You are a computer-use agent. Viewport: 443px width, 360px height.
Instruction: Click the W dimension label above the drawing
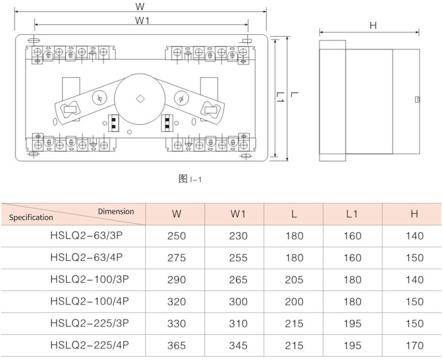pyautogui.click(x=140, y=6)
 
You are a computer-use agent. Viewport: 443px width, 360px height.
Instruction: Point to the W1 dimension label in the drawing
pyautogui.click(x=142, y=20)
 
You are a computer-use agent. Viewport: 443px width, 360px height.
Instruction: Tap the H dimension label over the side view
pyautogui.click(x=373, y=25)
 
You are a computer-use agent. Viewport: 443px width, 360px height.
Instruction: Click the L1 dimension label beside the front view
pyautogui.click(x=280, y=97)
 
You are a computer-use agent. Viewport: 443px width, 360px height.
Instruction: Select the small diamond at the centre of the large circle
pyautogui.click(x=140, y=99)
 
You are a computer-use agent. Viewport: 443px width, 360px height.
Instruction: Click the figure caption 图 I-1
pyautogui.click(x=190, y=179)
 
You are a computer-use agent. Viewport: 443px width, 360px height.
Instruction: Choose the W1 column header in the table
pyautogui.click(x=238, y=214)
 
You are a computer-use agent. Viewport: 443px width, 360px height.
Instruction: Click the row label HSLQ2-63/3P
pyautogui.click(x=86, y=235)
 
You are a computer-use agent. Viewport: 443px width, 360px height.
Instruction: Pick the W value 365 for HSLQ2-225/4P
pyautogui.click(x=177, y=345)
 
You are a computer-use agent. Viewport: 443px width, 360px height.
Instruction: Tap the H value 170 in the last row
pyautogui.click(x=414, y=345)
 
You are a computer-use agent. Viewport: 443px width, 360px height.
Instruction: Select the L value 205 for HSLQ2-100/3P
pyautogui.click(x=294, y=280)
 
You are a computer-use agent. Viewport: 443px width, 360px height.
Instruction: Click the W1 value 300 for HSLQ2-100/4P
pyautogui.click(x=238, y=301)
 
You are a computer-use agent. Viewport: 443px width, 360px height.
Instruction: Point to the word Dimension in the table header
pyautogui.click(x=116, y=212)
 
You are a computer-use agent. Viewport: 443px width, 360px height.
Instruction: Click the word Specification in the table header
pyautogui.click(x=31, y=218)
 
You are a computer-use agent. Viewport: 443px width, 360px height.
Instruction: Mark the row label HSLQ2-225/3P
pyautogui.click(x=90, y=323)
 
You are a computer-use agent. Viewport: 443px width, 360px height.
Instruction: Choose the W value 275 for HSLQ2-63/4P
pyautogui.click(x=177, y=258)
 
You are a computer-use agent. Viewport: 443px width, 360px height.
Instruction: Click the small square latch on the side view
pyautogui.click(x=418, y=100)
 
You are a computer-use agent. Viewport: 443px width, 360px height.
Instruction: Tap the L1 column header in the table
pyautogui.click(x=352, y=214)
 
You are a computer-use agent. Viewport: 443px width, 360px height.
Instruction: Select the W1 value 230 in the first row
pyautogui.click(x=238, y=236)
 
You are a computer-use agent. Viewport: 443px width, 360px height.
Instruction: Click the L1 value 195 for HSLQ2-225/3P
pyautogui.click(x=352, y=323)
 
